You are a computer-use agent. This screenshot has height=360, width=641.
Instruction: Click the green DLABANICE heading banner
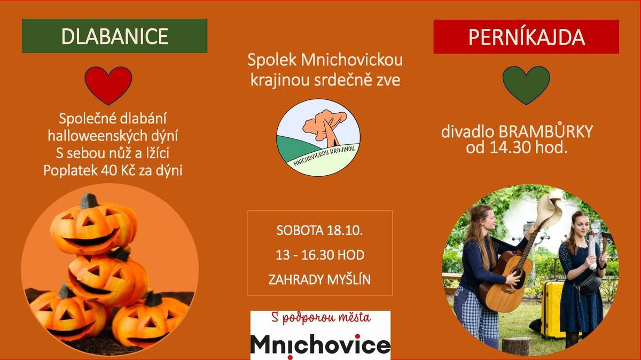pyautogui.click(x=114, y=36)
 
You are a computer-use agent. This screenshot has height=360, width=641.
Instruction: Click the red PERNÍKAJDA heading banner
pyautogui.click(x=526, y=37)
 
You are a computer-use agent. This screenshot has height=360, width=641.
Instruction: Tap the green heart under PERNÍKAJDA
pyautogui.click(x=526, y=84)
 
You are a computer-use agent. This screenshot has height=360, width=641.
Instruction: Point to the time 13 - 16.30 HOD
pyautogui.click(x=320, y=255)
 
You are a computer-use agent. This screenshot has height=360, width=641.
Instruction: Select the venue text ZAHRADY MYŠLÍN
pyautogui.click(x=319, y=279)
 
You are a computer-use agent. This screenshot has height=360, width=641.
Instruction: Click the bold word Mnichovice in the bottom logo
pyautogui.click(x=320, y=345)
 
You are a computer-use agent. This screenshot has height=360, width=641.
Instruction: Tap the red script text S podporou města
pyautogui.click(x=320, y=319)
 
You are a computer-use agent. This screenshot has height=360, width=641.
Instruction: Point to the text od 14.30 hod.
pyautogui.click(x=516, y=147)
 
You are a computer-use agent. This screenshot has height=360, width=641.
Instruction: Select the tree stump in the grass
pyautogui.click(x=516, y=346)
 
